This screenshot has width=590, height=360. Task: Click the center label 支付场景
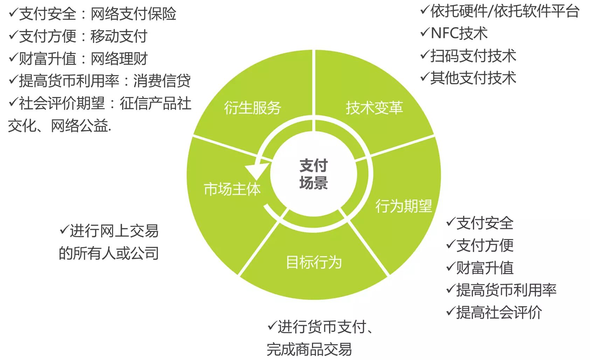[x=313, y=174]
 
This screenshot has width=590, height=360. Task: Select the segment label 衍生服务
[x=252, y=108]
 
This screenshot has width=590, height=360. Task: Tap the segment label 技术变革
[x=374, y=108]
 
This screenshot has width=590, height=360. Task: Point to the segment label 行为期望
[x=403, y=206]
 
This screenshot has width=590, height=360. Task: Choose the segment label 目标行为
[x=314, y=262]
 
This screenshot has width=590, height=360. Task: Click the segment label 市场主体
[x=232, y=189]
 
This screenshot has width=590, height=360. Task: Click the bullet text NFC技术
[x=459, y=34]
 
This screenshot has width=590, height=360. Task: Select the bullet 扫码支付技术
[x=473, y=56]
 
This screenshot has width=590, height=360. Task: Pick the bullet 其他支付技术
[x=473, y=78]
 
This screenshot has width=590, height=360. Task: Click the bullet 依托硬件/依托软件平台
[x=504, y=11]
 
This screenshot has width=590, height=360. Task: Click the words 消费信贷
[x=162, y=81]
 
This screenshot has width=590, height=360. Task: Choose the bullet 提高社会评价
[x=499, y=312]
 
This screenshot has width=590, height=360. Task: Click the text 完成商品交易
[x=309, y=349]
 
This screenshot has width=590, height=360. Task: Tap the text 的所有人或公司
[x=109, y=253]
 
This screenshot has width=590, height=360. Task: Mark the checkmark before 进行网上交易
[x=64, y=230]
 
